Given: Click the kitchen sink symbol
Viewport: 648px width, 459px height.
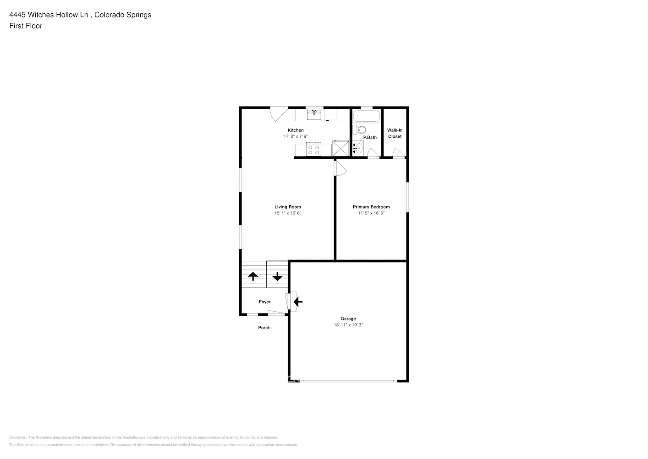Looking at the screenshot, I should click(314, 114).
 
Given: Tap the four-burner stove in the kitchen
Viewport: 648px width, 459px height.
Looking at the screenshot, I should click(314, 150).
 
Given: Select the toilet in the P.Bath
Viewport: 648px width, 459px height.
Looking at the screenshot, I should click(360, 129).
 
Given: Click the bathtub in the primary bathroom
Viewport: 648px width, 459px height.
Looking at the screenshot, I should click(366, 116).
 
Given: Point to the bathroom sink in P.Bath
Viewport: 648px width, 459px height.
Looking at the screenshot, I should click(358, 148).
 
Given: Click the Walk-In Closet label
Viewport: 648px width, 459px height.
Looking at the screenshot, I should click(395, 133).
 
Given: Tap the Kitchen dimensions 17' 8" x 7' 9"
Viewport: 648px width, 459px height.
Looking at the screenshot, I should click(296, 136).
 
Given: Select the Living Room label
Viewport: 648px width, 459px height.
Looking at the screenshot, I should click(288, 207).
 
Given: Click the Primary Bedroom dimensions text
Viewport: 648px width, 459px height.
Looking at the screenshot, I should click(371, 213).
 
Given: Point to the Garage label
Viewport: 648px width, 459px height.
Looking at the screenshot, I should click(348, 319).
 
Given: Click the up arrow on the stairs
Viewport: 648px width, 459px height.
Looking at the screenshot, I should click(253, 276).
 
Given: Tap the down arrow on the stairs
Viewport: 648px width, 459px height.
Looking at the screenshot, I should click(277, 276).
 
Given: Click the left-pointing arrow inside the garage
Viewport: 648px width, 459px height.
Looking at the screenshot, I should click(298, 302).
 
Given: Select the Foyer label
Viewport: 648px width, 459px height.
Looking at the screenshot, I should click(265, 302).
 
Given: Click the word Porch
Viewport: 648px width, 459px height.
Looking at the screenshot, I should click(264, 328).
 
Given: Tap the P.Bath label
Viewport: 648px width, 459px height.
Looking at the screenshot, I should click(370, 137).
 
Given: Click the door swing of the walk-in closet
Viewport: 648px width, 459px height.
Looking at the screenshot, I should click(399, 152).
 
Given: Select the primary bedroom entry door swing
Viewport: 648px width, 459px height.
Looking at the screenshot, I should click(340, 168).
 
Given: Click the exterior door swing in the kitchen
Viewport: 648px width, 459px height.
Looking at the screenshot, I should click(278, 114).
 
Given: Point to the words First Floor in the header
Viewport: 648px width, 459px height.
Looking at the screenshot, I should click(26, 26).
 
